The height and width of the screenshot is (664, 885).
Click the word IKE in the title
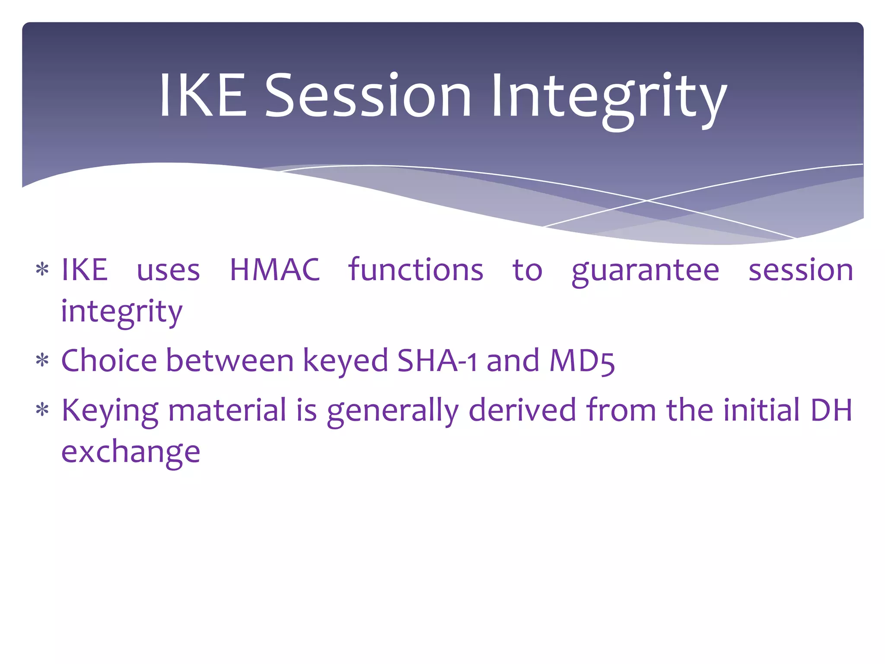(x=202, y=96)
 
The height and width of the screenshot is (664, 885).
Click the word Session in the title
(x=368, y=96)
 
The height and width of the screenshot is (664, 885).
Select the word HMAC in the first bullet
(x=274, y=270)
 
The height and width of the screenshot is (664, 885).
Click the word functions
(x=415, y=270)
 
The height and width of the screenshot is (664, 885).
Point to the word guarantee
(x=645, y=271)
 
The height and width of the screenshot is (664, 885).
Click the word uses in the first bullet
(x=168, y=271)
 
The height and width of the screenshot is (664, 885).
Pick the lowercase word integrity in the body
(x=121, y=312)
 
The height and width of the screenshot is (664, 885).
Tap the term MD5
(x=582, y=361)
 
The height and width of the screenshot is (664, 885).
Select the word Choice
(x=109, y=361)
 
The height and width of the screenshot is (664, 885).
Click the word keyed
(x=345, y=362)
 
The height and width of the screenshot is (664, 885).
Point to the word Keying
(x=110, y=412)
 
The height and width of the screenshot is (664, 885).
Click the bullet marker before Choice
(x=42, y=361)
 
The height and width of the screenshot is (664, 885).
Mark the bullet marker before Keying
(x=42, y=410)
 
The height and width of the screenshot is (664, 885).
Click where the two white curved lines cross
(x=647, y=201)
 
